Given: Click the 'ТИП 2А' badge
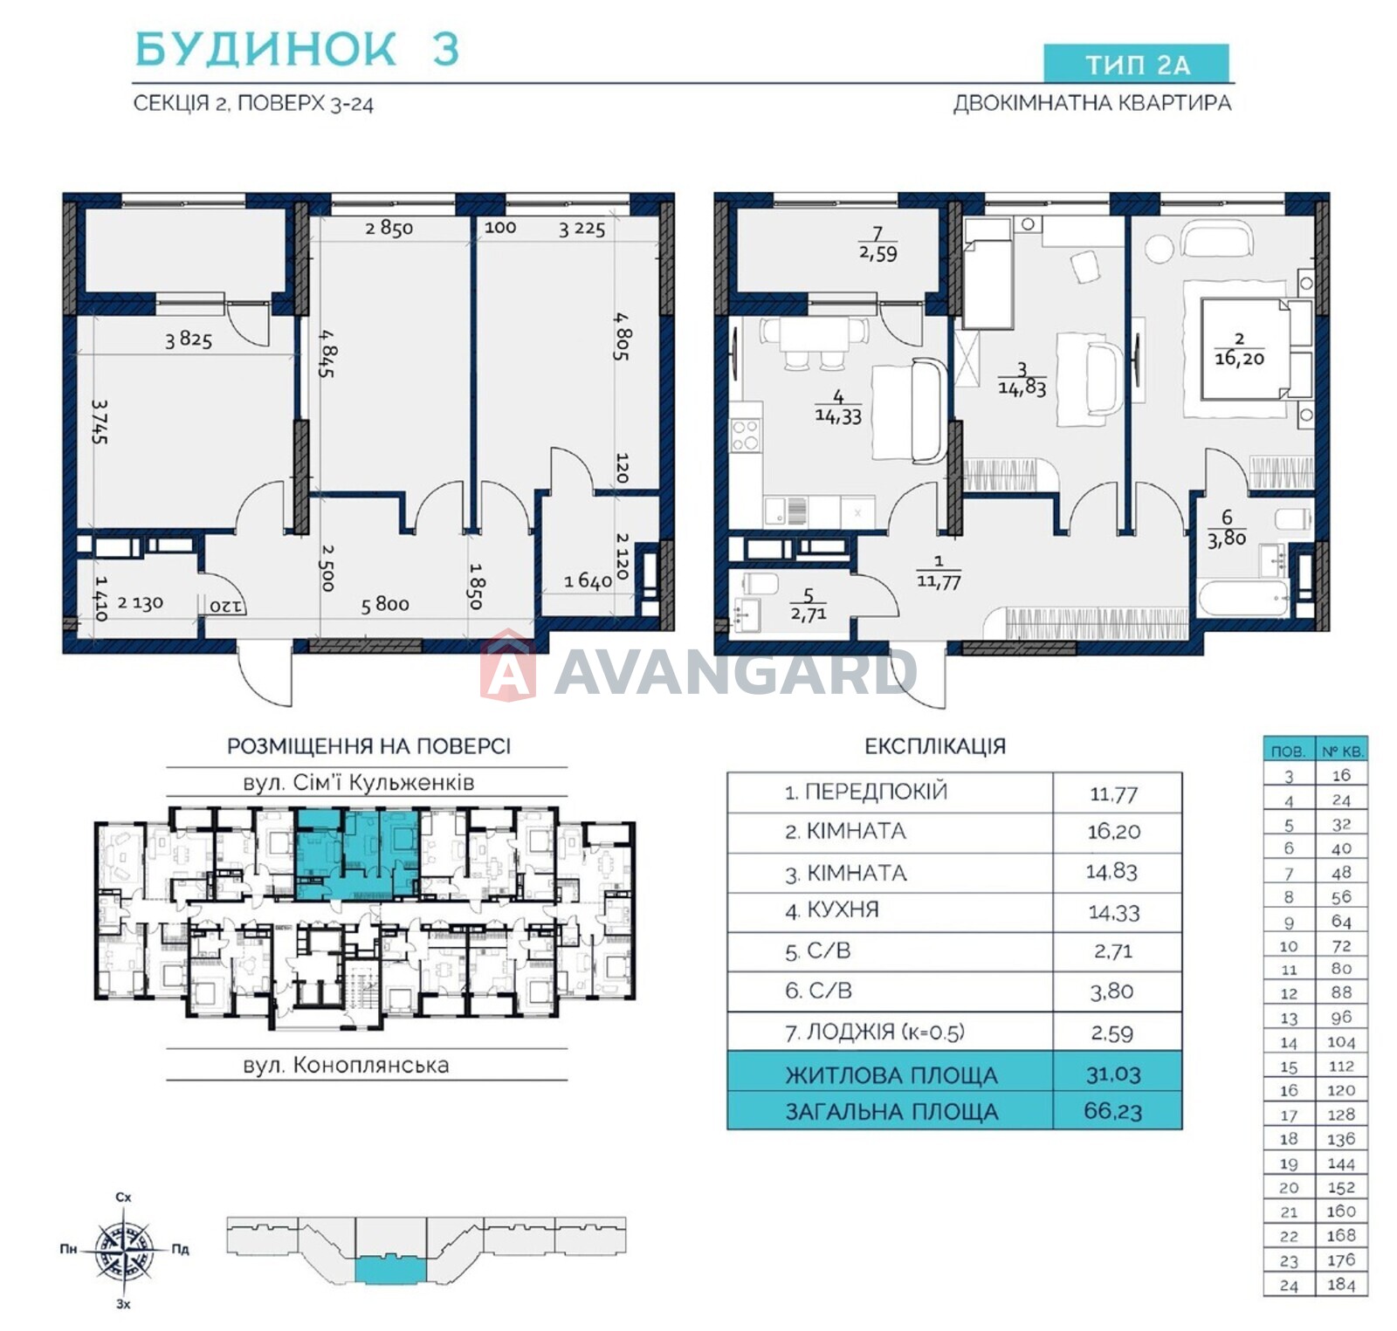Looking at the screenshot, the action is click(1136, 64).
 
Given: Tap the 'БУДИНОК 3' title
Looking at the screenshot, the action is click(297, 49).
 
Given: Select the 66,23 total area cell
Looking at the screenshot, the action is click(1113, 1111).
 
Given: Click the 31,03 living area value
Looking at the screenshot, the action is click(1113, 1074).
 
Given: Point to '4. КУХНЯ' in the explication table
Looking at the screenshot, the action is click(831, 910).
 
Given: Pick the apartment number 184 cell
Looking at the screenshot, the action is click(1341, 1285).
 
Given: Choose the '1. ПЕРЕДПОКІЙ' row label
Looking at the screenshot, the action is click(865, 792).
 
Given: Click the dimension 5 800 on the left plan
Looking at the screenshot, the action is click(385, 604).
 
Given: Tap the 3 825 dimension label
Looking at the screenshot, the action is click(189, 340).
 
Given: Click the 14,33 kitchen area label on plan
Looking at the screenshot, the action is click(838, 416).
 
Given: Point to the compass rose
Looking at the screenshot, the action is click(125, 1249).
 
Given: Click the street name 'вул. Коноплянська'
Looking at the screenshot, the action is click(346, 1065).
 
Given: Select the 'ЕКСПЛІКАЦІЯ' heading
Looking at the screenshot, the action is click(935, 746).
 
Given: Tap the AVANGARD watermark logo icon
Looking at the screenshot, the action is click(508, 667).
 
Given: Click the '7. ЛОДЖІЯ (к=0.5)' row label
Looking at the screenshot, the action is click(875, 1033).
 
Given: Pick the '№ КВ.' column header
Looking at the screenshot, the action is click(1342, 751).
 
